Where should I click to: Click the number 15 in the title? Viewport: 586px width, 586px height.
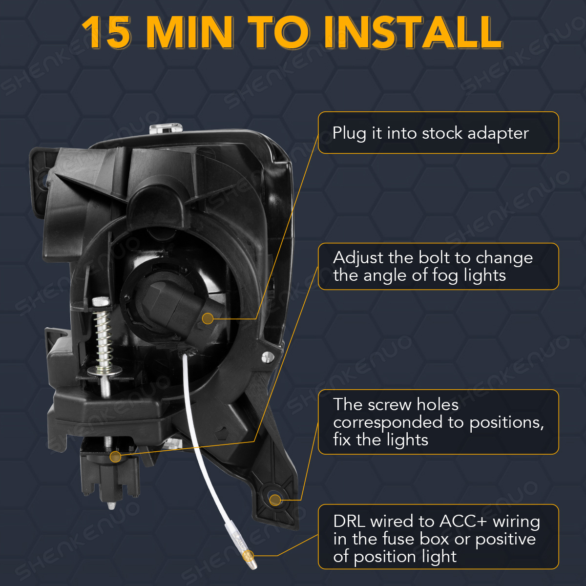coord(106,32)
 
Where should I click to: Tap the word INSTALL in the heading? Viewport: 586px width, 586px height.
coord(413,32)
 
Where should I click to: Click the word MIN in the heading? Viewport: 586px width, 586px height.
coord(190,32)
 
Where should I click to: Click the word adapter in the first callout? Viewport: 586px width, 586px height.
coord(498,133)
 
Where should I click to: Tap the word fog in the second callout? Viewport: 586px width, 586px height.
coord(447,276)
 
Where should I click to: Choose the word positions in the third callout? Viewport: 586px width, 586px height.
coord(506,423)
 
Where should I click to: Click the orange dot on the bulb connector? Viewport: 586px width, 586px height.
coord(208,318)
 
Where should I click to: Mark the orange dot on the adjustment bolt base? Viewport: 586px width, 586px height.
coord(115,457)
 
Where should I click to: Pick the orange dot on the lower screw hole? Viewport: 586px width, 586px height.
coord(275,500)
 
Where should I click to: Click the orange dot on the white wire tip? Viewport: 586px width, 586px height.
coord(248,556)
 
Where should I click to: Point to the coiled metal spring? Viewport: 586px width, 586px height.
coord(104,338)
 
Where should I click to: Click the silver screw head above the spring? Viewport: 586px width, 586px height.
coord(101,301)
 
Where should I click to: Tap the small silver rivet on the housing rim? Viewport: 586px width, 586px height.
coord(267,357)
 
